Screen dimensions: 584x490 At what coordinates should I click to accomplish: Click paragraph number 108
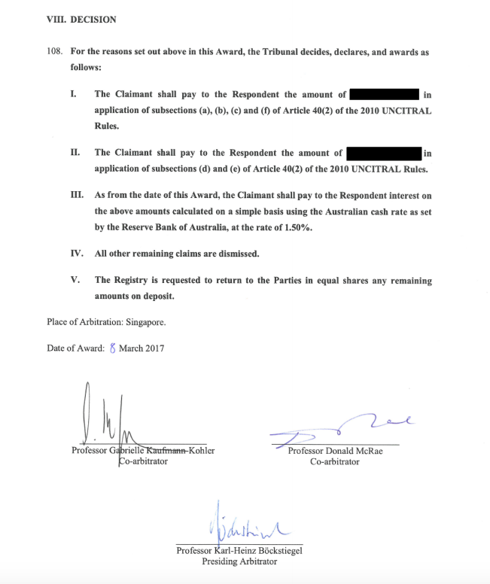point(56,53)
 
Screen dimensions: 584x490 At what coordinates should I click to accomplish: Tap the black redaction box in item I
point(384,95)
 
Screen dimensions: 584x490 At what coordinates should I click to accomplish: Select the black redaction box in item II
point(384,154)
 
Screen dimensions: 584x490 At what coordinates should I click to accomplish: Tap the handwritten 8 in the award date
point(113,348)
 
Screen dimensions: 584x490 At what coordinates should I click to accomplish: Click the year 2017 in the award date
point(153,348)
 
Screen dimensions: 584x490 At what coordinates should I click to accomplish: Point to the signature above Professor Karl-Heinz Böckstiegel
point(241,525)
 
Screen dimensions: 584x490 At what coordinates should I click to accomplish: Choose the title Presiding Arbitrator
point(239,561)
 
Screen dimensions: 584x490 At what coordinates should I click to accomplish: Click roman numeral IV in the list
point(75,254)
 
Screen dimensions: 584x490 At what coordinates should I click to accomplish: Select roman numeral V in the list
point(75,281)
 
